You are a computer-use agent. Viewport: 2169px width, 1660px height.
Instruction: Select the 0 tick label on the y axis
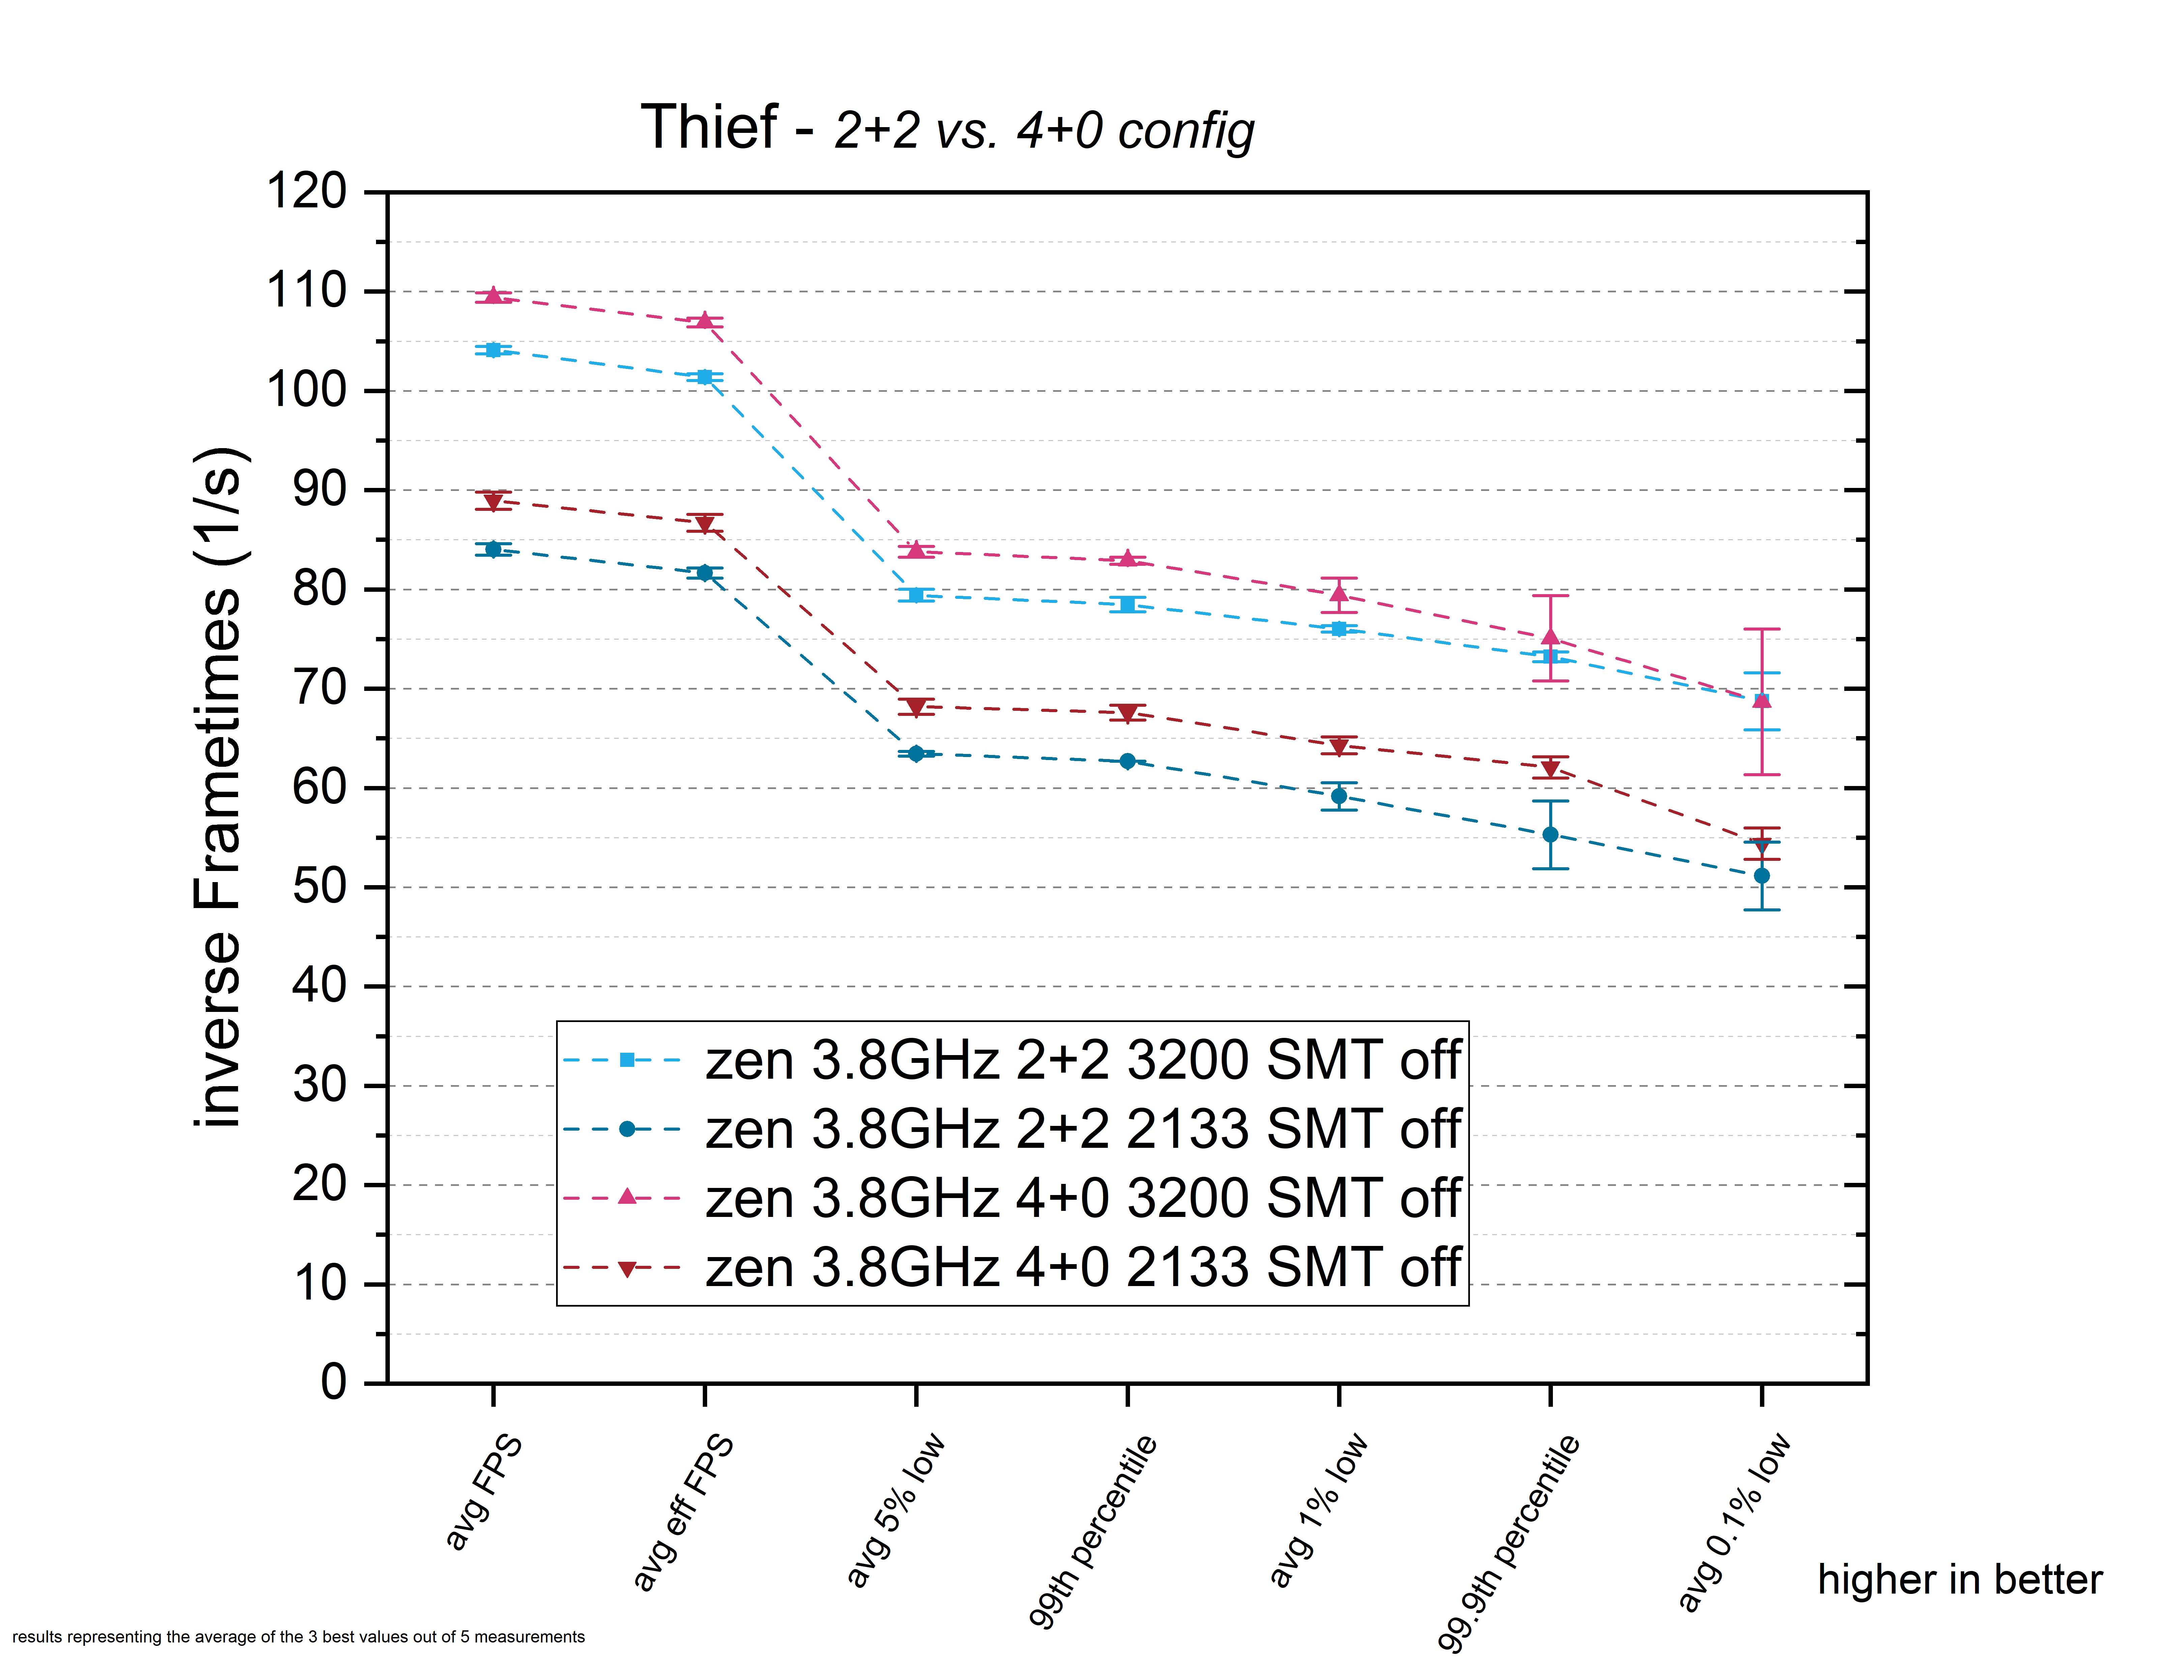334,1381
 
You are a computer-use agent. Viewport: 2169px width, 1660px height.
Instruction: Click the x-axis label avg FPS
483,1492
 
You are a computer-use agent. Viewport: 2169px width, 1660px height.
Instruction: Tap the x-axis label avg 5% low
895,1510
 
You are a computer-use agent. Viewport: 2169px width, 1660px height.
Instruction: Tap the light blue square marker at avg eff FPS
704,376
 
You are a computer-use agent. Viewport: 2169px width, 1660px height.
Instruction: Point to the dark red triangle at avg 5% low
916,707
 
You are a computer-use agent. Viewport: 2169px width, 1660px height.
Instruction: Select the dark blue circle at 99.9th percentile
1551,835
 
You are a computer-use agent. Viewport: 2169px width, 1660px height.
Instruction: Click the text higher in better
1960,1580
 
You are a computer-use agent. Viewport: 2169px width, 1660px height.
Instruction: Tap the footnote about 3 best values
298,1637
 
